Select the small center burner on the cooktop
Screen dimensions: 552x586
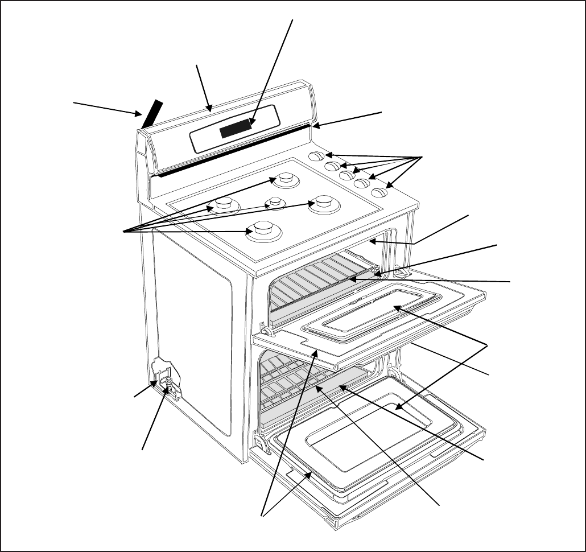275,202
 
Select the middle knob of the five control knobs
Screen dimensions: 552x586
348,175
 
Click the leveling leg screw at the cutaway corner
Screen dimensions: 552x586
168,382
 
